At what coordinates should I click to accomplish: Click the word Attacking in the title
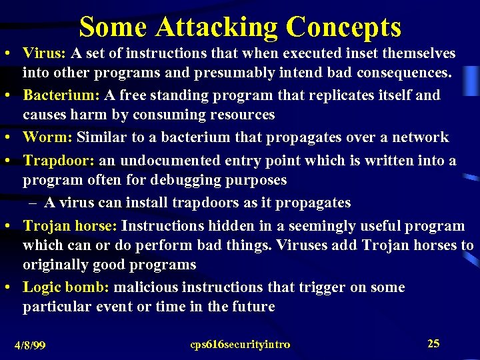point(217,28)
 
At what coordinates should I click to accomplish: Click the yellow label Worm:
point(47,137)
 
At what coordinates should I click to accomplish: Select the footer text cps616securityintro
point(240,344)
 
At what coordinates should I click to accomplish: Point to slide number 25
point(433,343)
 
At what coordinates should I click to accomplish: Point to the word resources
point(240,115)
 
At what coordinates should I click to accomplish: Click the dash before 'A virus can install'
point(32,202)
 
